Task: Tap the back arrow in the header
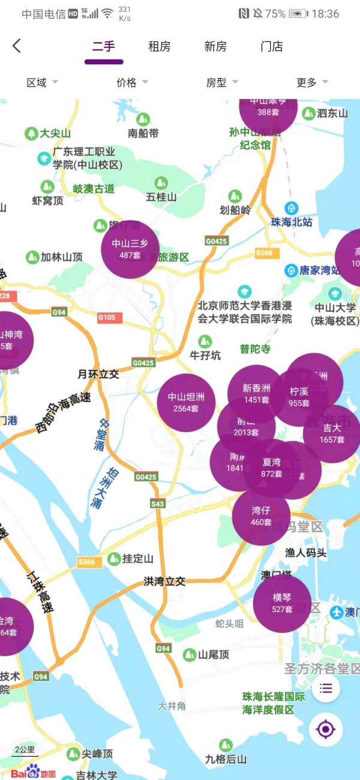coord(17,46)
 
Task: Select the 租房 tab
coord(160,46)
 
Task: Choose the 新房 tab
coord(215,46)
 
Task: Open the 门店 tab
coord(272,46)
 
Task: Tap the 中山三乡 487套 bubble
coord(130,249)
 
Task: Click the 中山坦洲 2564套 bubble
coord(186,403)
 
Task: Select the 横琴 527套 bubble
coord(282,603)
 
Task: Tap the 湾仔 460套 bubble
coord(261,516)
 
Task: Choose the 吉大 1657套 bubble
coord(332,434)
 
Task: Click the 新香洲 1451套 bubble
coord(256,394)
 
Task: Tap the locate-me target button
coord(326,730)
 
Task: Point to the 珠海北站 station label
coord(292,221)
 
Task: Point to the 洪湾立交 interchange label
coord(164,581)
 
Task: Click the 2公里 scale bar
coord(25,751)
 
